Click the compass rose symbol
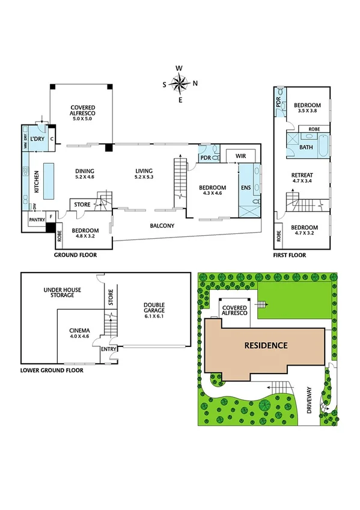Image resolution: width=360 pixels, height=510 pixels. click(180, 84)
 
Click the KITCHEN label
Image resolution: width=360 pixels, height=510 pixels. click(36, 181)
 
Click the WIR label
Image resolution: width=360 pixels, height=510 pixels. click(242, 156)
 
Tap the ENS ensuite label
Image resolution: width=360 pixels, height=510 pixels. click(245, 188)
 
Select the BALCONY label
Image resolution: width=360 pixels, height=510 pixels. click(162, 226)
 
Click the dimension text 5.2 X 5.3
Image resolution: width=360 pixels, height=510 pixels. click(145, 177)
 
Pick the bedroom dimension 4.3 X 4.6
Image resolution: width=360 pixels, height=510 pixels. click(212, 194)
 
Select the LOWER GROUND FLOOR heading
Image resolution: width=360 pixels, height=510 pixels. click(52, 370)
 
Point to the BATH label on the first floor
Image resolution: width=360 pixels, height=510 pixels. click(306, 147)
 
